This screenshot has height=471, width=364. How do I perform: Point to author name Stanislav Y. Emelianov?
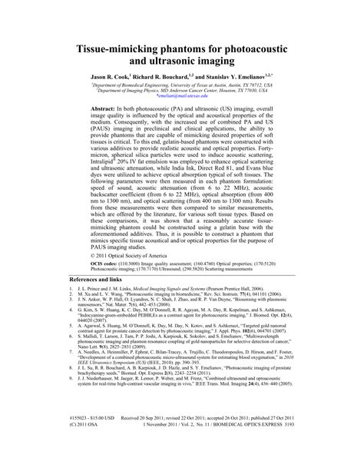(x=257, y=78)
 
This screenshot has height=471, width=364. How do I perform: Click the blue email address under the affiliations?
(x=183, y=99)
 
